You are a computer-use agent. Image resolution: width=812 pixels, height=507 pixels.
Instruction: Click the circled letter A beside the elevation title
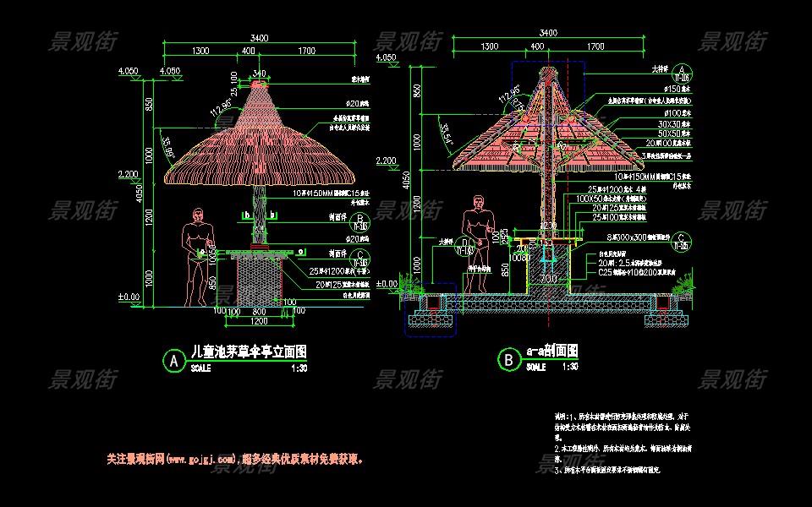pyautogui.click(x=173, y=361)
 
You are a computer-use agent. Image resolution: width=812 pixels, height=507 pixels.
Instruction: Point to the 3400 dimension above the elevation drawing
pyautogui.click(x=260, y=37)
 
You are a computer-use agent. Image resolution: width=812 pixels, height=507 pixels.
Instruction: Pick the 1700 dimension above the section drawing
pyautogui.click(x=595, y=46)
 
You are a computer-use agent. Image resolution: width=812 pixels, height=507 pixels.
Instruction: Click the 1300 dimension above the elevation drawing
pyautogui.click(x=200, y=51)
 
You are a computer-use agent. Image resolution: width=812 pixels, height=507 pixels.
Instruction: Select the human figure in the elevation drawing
pyautogui.click(x=198, y=253)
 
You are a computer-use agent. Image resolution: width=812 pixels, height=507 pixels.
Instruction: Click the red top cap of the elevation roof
pyautogui.click(x=260, y=84)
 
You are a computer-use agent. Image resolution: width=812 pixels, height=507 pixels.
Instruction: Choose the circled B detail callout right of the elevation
pyautogui.click(x=361, y=223)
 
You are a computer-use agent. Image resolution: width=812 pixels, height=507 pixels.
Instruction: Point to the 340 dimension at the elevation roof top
pyautogui.click(x=259, y=72)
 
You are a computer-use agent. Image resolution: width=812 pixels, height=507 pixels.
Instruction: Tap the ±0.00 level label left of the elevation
pyautogui.click(x=129, y=297)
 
